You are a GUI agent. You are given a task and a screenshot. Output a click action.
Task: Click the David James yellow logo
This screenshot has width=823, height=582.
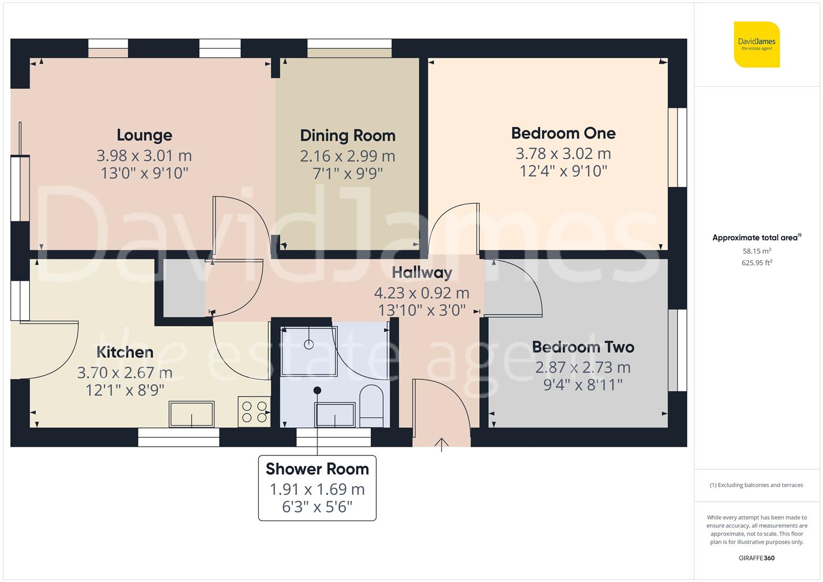(x=757, y=44)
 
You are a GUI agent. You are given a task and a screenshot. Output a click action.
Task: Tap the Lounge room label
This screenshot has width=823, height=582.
(x=144, y=135)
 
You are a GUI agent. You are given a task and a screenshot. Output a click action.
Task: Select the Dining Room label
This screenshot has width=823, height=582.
(x=348, y=135)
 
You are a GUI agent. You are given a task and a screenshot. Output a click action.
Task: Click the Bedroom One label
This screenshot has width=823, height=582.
(x=563, y=133)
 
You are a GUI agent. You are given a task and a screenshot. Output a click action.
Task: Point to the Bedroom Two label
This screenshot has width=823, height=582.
(x=583, y=347)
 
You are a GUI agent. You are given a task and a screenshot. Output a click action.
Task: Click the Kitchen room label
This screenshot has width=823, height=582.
(x=125, y=352)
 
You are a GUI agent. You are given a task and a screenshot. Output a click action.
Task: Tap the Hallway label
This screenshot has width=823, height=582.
(x=421, y=273)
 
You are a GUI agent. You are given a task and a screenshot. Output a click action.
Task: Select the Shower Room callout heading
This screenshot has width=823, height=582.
(x=317, y=469)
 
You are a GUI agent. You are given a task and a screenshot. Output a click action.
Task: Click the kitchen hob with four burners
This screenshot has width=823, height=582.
(x=254, y=412)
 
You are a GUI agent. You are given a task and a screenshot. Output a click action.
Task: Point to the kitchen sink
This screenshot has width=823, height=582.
(x=191, y=414)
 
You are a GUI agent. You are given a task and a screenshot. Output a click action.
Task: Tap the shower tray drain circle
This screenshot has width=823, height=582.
(x=309, y=344)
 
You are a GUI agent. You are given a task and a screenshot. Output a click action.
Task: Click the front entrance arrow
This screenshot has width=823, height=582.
(x=441, y=444)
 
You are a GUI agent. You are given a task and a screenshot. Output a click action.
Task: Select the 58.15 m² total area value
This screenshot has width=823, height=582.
(x=757, y=251)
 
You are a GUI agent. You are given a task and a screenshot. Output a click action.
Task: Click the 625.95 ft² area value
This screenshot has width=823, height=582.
(x=757, y=263)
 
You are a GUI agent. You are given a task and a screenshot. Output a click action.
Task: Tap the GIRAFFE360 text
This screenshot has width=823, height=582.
(x=756, y=558)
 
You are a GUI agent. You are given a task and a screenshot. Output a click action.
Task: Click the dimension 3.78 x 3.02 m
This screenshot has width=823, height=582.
(x=563, y=154)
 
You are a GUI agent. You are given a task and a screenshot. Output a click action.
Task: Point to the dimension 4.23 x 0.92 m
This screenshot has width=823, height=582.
(x=421, y=293)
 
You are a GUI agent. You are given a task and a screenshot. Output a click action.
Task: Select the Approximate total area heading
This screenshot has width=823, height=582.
(x=756, y=238)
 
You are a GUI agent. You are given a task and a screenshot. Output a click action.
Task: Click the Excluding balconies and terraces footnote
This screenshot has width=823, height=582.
(x=756, y=485)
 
